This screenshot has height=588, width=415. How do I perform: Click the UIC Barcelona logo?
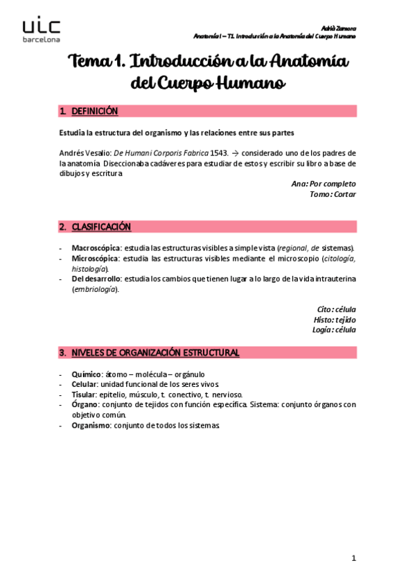coord(42,31)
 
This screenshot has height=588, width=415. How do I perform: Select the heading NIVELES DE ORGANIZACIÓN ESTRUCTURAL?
coord(155,353)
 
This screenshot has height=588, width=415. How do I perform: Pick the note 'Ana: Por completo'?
coord(324,184)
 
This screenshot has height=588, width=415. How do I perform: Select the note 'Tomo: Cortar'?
coord(333,194)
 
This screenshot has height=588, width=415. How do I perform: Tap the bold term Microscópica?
coord(96,258)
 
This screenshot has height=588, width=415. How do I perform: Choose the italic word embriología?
coord(96,289)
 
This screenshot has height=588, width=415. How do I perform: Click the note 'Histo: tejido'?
coord(335,320)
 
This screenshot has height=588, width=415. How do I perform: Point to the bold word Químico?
coord(87,374)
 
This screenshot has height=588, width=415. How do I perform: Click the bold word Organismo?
coord(90,425)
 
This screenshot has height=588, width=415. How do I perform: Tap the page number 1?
coord(353,558)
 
